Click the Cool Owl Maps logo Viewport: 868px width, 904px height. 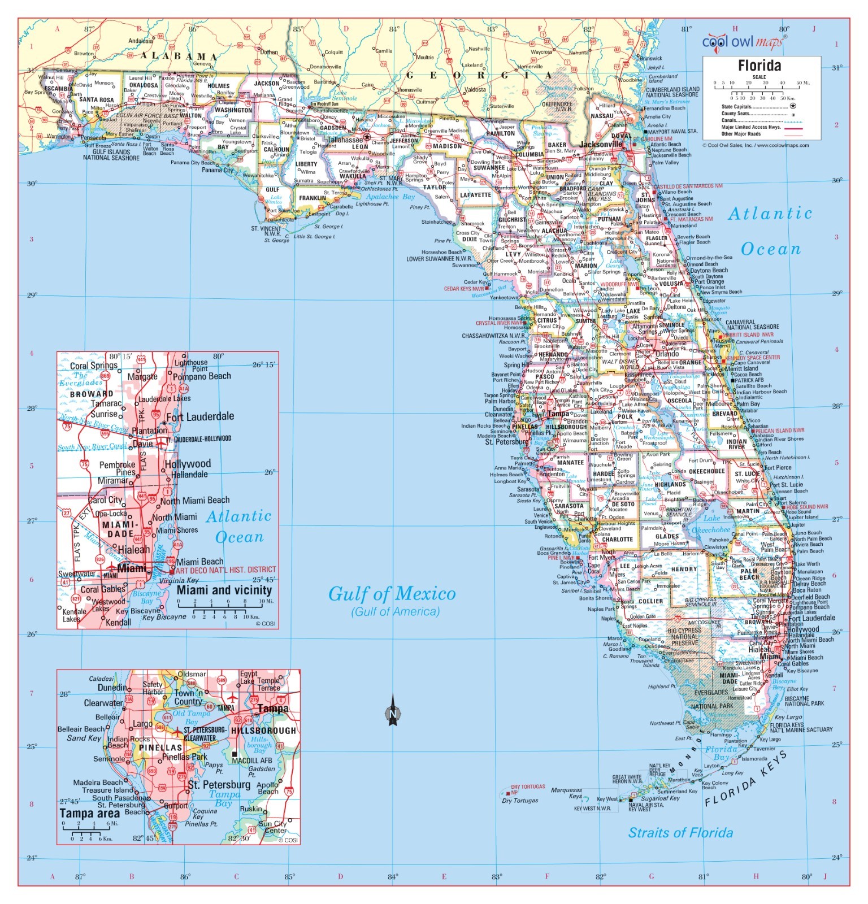pyautogui.click(x=743, y=42)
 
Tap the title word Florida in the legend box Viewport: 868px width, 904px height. pyautogui.click(x=759, y=66)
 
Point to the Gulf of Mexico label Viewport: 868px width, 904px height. pyautogui.click(x=392, y=594)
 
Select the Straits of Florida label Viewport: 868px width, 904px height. pyautogui.click(x=680, y=832)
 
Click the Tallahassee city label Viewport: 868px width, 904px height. pyautogui.click(x=345, y=140)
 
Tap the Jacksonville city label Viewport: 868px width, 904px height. pyautogui.click(x=600, y=144)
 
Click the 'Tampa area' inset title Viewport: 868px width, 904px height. pyautogui.click(x=89, y=813)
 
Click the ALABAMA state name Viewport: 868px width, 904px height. pyautogui.click(x=179, y=56)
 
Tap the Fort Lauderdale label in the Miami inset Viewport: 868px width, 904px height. pyautogui.click(x=200, y=416)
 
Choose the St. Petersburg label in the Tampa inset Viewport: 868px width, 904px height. pyautogui.click(x=219, y=785)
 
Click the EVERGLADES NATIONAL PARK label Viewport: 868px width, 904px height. pyautogui.click(x=711, y=699)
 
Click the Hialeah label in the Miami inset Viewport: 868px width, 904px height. pyautogui.click(x=134, y=549)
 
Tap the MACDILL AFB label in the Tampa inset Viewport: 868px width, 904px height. pyautogui.click(x=252, y=760)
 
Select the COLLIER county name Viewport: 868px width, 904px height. pyautogui.click(x=650, y=601)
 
